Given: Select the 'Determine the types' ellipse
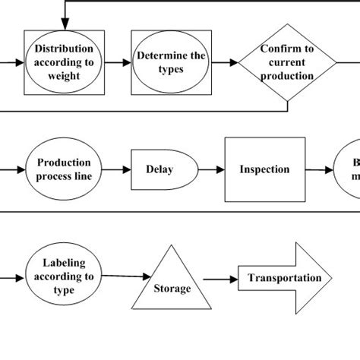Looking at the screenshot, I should (x=160, y=62).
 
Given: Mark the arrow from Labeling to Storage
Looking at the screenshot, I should (x=122, y=279).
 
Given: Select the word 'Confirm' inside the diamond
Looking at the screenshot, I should (x=286, y=50).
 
